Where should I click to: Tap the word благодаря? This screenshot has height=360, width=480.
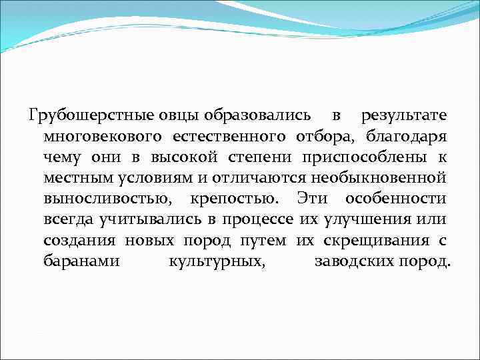[406, 137]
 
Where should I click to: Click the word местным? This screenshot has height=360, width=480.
[74, 179]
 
